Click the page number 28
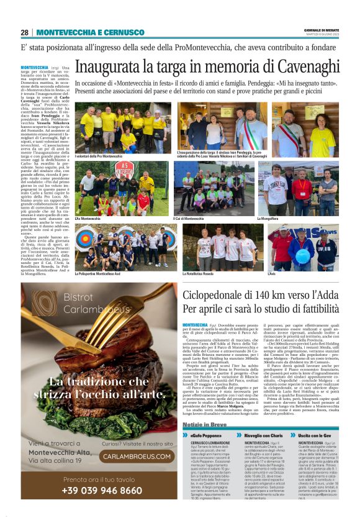click(x=24, y=32)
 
